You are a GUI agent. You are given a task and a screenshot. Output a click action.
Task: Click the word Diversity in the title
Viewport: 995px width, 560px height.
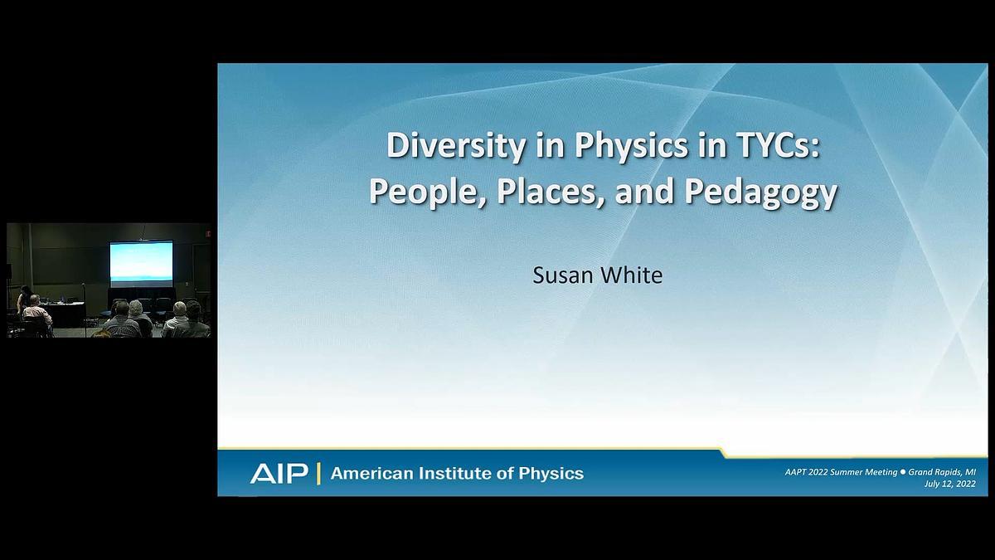coord(456,146)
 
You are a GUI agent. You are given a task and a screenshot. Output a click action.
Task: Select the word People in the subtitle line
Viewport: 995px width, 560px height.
coord(427,192)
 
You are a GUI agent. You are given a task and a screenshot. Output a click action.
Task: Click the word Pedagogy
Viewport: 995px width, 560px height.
coord(760,192)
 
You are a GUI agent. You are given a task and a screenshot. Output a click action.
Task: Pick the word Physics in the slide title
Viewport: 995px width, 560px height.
coord(631,146)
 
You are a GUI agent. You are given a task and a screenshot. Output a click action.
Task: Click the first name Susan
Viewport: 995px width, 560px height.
coord(562,275)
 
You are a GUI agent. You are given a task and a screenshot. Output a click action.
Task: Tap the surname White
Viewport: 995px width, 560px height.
coord(631,275)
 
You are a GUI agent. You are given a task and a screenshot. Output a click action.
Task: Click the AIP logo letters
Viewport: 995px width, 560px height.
coord(279,474)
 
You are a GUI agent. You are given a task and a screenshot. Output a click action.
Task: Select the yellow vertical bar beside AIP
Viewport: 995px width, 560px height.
coord(318,474)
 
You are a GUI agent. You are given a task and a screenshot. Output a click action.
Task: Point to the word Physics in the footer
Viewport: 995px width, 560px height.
coord(551,474)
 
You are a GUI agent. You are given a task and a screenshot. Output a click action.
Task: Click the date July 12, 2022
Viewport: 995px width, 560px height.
coord(950,484)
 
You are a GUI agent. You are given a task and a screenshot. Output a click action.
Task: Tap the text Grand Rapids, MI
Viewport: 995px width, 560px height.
coord(942,472)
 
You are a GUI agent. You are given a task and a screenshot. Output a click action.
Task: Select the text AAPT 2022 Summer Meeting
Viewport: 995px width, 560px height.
coord(842,472)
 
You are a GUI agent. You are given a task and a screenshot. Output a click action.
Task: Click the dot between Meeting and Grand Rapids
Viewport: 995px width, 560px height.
coord(903,472)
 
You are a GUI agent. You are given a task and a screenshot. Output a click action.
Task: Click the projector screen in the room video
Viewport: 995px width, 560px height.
coord(141,263)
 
